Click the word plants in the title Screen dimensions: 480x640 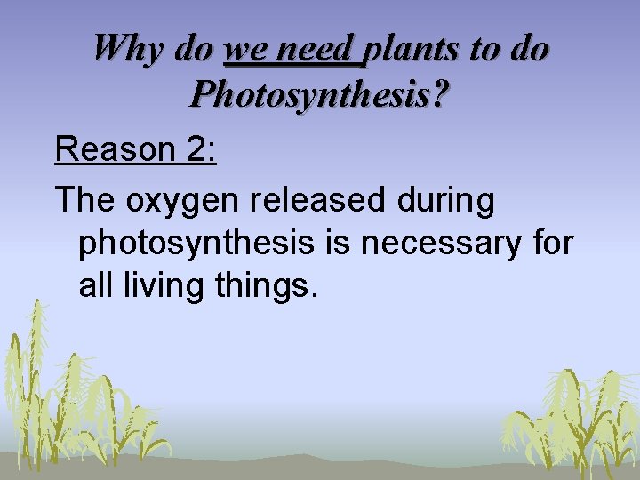pyautogui.click(x=413, y=48)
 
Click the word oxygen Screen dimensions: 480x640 pyautogui.click(x=183, y=201)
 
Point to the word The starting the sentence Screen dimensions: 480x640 pyautogui.click(x=85, y=200)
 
